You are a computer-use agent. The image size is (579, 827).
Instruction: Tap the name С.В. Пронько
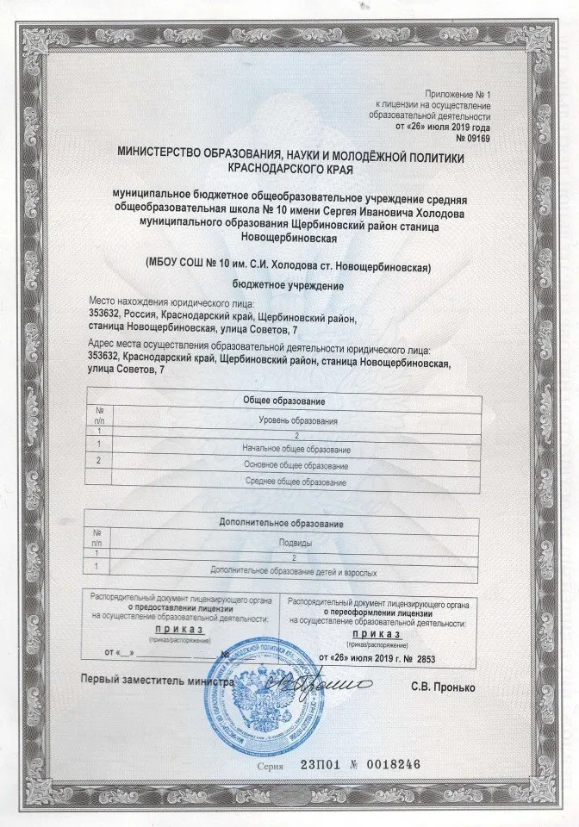(x=442, y=688)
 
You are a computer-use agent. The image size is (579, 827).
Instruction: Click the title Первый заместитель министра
(x=157, y=679)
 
